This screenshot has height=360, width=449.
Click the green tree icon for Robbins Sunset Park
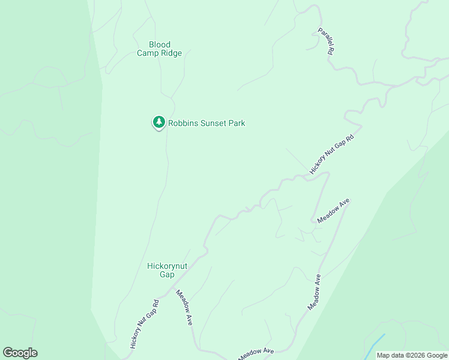click(x=158, y=122)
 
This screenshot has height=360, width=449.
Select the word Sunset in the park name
click(x=214, y=124)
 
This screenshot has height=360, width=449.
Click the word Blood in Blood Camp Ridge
click(x=160, y=44)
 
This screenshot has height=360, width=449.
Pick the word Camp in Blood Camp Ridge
click(x=148, y=53)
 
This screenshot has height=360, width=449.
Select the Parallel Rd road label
click(x=325, y=41)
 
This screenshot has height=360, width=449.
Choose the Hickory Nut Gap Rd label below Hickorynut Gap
click(x=145, y=324)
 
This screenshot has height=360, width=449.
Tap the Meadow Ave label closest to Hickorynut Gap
click(x=184, y=307)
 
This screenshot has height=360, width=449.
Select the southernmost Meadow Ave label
click(x=256, y=354)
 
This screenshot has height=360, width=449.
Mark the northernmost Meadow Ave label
click(x=333, y=211)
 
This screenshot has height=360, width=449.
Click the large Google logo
click(x=20, y=353)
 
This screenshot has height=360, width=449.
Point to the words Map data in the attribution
click(x=390, y=355)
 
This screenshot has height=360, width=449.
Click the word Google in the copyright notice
click(x=437, y=355)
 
